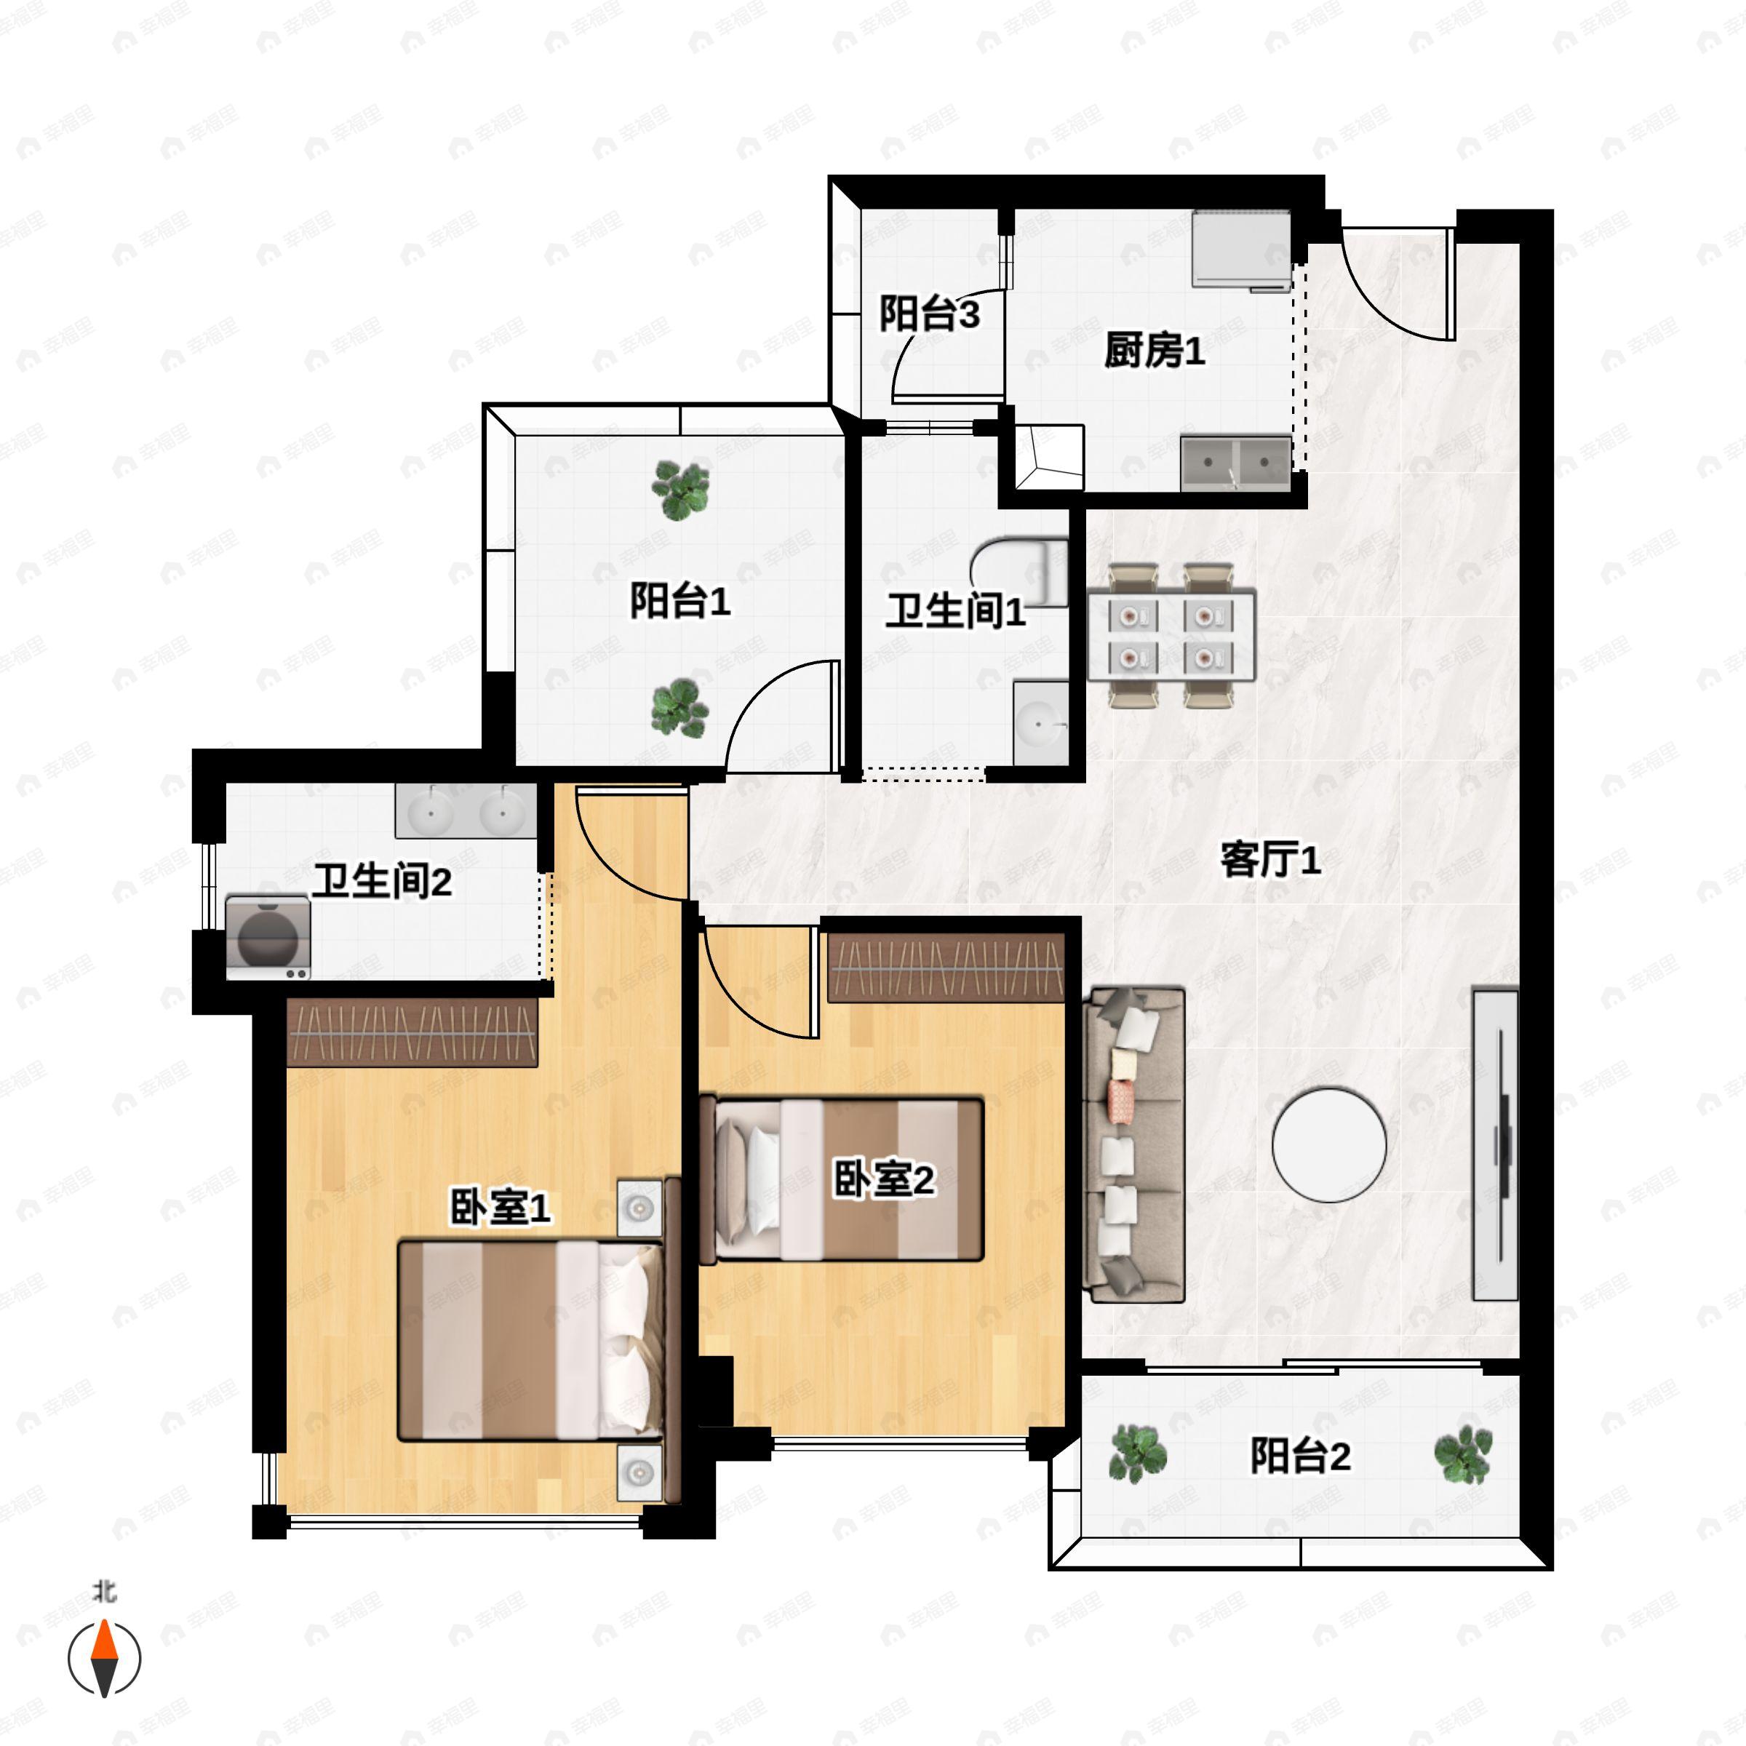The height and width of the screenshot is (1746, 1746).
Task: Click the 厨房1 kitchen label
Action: click(x=1154, y=351)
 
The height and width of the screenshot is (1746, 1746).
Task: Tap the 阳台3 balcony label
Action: click(x=929, y=314)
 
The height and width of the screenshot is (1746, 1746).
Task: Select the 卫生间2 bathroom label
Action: click(x=382, y=881)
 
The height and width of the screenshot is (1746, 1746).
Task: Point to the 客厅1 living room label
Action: click(x=1269, y=859)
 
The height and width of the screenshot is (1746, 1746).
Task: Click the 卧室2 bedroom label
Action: click(x=883, y=1179)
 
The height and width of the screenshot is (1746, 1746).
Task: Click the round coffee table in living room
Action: click(x=1328, y=1145)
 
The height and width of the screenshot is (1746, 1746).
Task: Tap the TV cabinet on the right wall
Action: click(x=1496, y=1145)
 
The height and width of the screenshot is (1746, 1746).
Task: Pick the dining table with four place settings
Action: click(x=1171, y=634)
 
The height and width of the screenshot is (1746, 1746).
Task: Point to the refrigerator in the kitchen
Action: click(x=1240, y=250)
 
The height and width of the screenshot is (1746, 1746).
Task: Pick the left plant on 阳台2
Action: click(x=1138, y=1454)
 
